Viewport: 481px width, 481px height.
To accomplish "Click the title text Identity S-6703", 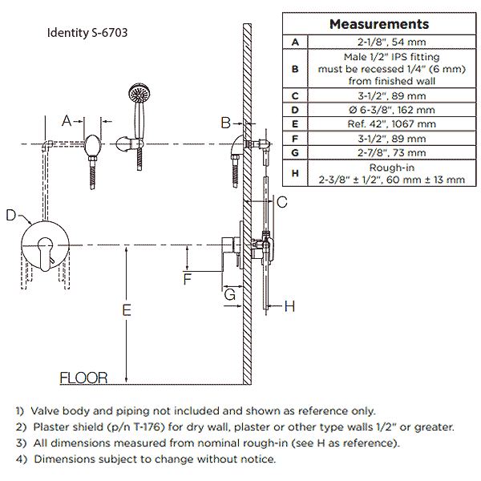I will (x=87, y=34).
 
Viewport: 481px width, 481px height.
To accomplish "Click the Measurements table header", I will (x=379, y=24).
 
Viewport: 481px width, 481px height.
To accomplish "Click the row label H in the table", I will (x=296, y=173).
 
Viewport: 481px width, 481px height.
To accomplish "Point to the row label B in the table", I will (x=296, y=69).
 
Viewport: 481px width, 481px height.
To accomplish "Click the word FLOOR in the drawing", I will (x=83, y=378).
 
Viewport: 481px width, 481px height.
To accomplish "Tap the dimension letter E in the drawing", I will (x=126, y=310).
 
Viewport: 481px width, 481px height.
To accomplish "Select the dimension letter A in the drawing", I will (x=68, y=121).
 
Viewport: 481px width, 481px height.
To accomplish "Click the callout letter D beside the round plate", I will (x=10, y=215).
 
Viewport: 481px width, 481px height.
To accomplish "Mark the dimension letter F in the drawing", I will (x=188, y=279).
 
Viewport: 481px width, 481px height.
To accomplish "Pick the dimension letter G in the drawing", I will (x=229, y=295).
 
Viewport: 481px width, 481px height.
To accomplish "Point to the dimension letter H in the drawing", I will (x=290, y=305).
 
